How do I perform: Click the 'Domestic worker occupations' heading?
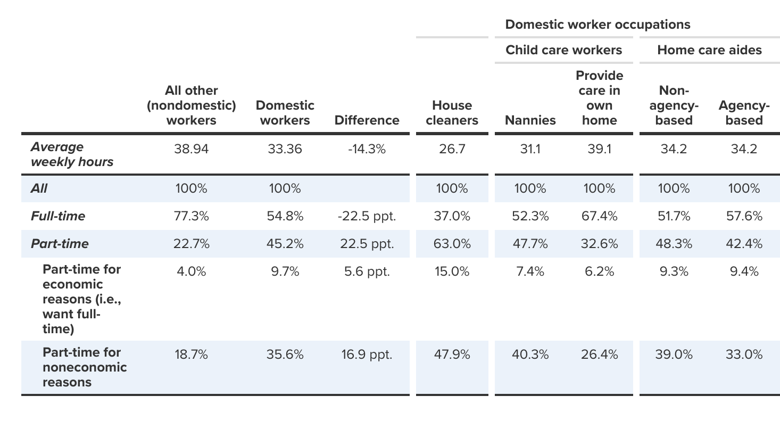click(598, 24)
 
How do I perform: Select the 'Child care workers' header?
click(563, 50)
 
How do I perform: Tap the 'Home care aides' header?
click(709, 50)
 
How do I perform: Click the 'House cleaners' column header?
click(452, 113)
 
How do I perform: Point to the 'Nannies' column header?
click(530, 120)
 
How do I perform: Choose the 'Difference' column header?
click(367, 120)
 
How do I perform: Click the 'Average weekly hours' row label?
click(72, 154)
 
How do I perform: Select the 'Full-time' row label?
click(58, 216)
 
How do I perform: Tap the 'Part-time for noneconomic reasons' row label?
click(85, 367)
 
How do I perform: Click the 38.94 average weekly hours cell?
click(191, 149)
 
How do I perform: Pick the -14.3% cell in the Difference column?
click(367, 149)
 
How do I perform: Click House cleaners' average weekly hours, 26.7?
click(452, 149)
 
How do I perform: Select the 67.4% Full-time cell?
click(599, 216)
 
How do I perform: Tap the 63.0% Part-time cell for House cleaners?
click(452, 244)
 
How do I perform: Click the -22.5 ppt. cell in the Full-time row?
click(367, 216)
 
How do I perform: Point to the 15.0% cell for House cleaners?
click(452, 271)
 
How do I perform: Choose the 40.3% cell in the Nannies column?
click(530, 354)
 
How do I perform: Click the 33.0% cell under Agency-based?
click(744, 354)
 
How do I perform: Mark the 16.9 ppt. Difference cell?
click(367, 354)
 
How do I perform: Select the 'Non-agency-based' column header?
click(674, 105)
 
